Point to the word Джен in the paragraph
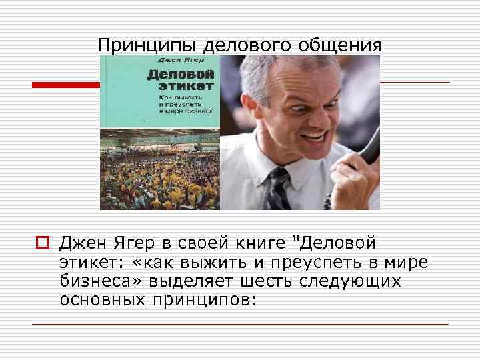83,243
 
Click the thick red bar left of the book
66,85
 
